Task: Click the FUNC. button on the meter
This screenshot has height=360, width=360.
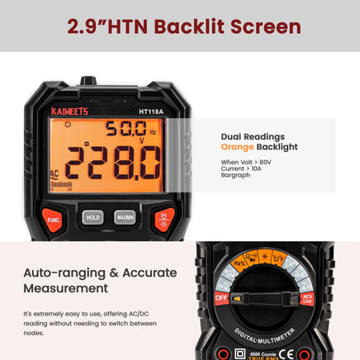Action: [x=52, y=220]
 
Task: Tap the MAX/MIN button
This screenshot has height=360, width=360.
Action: [x=125, y=217]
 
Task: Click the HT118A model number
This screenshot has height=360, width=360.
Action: [x=150, y=110]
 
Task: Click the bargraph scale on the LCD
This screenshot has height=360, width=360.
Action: [x=62, y=185]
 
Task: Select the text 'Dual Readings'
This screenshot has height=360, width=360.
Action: [x=253, y=135]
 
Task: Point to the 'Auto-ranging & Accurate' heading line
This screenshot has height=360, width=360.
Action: [x=100, y=272]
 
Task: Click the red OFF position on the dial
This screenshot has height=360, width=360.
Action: [x=221, y=297]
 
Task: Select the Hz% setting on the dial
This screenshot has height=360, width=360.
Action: [x=240, y=263]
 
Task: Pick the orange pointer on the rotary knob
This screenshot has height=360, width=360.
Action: [x=238, y=297]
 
